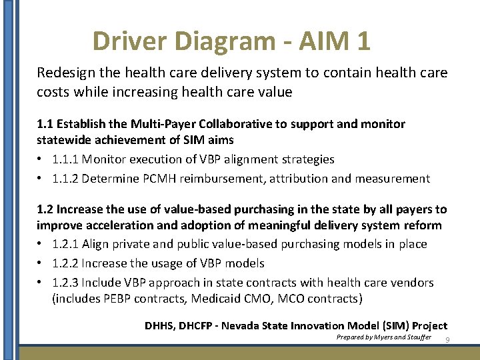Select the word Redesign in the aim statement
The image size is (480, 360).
[64, 72]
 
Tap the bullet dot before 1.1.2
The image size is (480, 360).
[41, 179]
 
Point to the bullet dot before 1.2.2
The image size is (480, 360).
[41, 263]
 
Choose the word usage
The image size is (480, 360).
[174, 263]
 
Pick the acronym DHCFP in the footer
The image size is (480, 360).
[197, 325]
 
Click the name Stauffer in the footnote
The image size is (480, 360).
[416, 338]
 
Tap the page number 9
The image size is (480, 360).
[448, 341]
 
